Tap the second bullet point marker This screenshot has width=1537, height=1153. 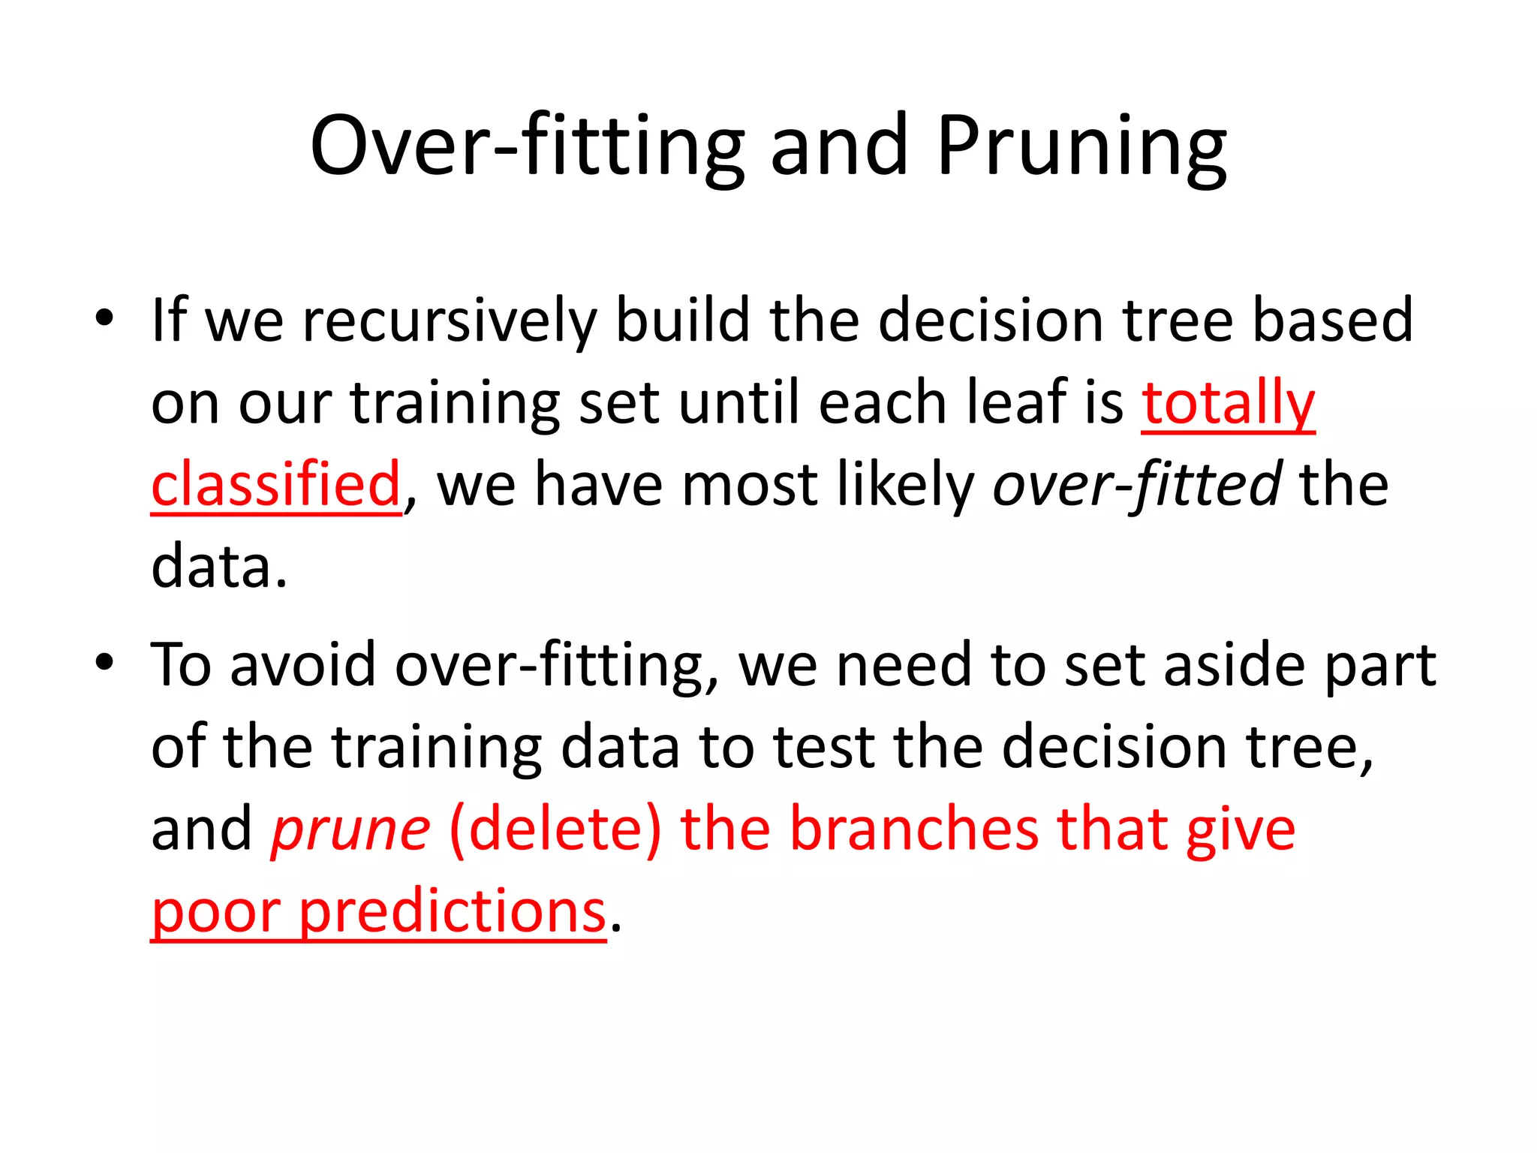point(104,662)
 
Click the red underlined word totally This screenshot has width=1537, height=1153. point(1228,403)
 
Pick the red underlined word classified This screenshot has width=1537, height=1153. point(276,485)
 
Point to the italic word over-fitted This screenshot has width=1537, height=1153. point(1136,485)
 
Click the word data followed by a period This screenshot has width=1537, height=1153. point(214,567)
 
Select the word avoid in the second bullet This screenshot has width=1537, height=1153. point(302,665)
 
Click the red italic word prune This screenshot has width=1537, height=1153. point(350,830)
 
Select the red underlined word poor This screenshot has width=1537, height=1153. point(215,913)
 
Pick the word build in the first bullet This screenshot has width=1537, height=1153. point(682,321)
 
